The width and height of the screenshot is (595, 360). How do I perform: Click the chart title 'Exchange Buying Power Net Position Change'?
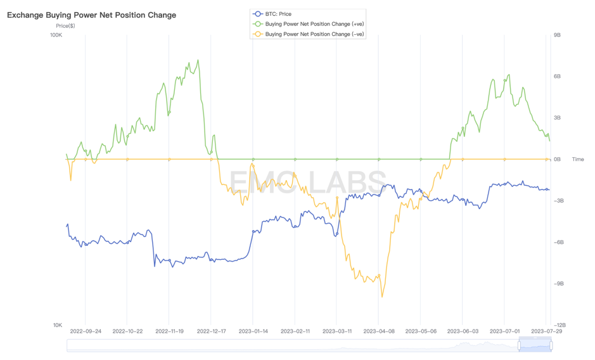[92, 15]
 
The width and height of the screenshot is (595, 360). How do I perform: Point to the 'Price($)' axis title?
[65, 26]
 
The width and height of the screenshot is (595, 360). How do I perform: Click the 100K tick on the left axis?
[56, 35]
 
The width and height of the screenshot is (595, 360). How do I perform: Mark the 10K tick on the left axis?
[57, 325]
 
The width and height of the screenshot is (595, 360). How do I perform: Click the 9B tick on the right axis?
[557, 35]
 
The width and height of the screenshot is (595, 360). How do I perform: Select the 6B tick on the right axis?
[557, 77]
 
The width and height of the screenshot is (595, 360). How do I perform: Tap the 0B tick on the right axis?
[557, 160]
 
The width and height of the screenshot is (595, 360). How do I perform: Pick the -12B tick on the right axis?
[559, 325]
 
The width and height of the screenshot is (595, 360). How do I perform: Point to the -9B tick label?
[558, 284]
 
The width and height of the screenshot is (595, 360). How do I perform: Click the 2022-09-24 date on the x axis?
[86, 331]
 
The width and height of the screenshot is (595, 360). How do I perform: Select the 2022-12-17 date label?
[212, 331]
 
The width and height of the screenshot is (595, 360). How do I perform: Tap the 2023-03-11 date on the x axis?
[337, 331]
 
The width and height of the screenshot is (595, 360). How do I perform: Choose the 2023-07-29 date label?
[546, 331]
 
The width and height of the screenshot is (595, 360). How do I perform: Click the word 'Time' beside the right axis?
[578, 160]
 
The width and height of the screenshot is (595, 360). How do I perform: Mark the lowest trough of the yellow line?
[382, 296]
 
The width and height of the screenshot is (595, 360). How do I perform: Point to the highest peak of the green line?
[198, 61]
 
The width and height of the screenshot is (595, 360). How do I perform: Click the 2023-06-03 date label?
[463, 331]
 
